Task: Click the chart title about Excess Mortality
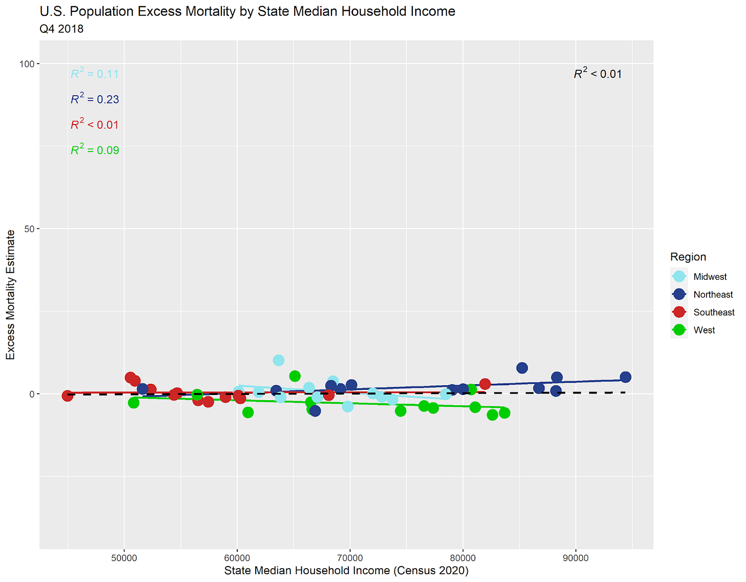[247, 11]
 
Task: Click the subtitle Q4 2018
[61, 29]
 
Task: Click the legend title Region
[688, 257]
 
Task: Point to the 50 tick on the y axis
[30, 229]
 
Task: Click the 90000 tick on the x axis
[576, 558]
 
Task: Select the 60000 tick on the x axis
[237, 558]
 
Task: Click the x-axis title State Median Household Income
[346, 570]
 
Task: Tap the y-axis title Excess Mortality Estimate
[11, 295]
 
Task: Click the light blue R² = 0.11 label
[95, 74]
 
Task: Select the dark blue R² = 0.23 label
[95, 99]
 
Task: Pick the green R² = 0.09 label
[95, 150]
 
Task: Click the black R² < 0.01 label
[597, 74]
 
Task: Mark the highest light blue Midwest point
[278, 360]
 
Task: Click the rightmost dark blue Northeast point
[625, 377]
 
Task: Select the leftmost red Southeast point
[67, 396]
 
